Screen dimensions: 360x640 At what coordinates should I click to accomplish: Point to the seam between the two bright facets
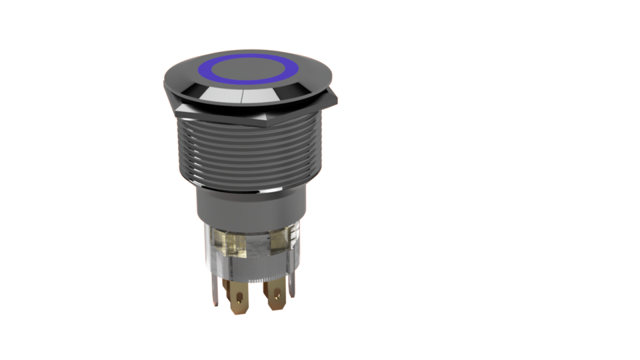pyautogui.click(x=241, y=97)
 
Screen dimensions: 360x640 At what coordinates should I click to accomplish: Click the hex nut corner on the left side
pyautogui.click(x=177, y=106)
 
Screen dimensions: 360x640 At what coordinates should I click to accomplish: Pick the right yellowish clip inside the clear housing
pyautogui.click(x=279, y=240)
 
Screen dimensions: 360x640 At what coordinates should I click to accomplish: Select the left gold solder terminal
pyautogui.click(x=238, y=297)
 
